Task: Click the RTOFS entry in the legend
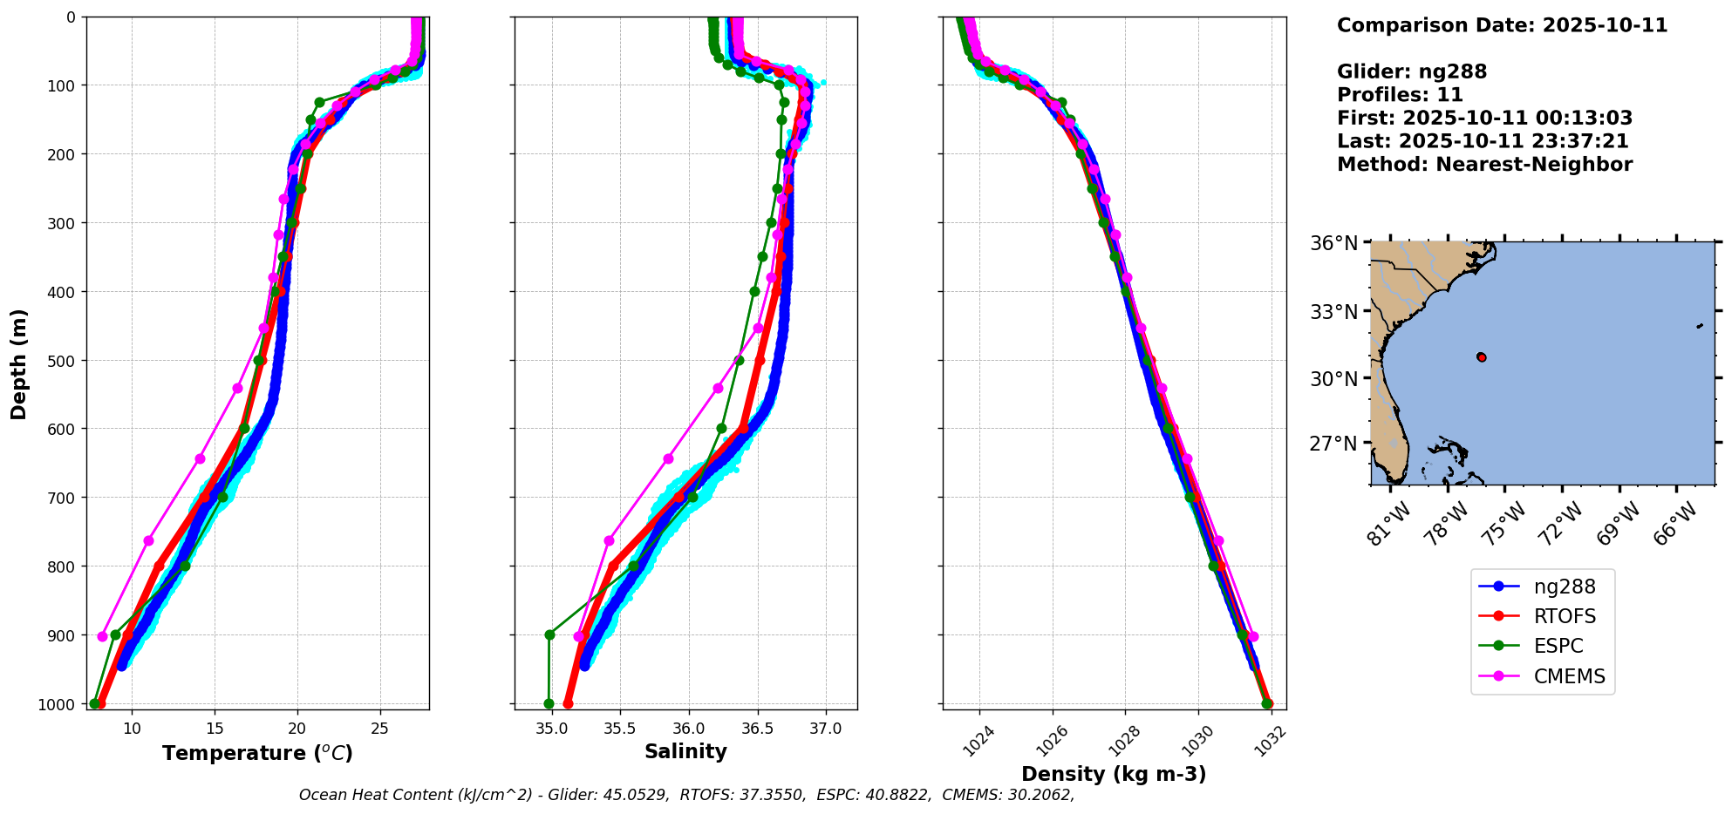[1565, 616]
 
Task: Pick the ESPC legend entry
[1558, 646]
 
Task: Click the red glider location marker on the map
[1482, 357]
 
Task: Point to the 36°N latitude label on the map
[1333, 243]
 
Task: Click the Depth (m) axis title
[18, 363]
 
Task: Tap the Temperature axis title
[257, 753]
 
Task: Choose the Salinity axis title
[685, 751]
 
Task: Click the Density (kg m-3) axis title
[1114, 774]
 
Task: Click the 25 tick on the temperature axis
[379, 728]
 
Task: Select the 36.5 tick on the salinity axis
[757, 728]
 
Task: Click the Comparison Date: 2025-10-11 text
[1502, 25]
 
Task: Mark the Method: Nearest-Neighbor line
[1484, 164]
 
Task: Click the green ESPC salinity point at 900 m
[549, 634]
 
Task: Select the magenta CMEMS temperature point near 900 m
[103, 636]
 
